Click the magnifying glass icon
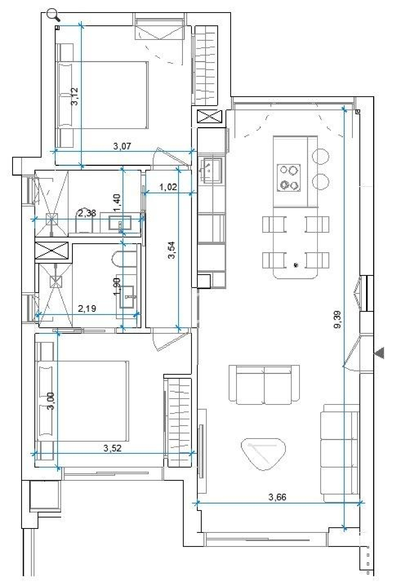tap(53, 15)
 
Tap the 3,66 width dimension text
tap(277, 497)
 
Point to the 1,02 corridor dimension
tap(168, 187)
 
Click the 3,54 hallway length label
tap(172, 250)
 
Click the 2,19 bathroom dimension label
tap(87, 308)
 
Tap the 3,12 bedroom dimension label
tap(75, 97)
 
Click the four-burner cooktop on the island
tap(289, 178)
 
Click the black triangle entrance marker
tap(380, 353)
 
